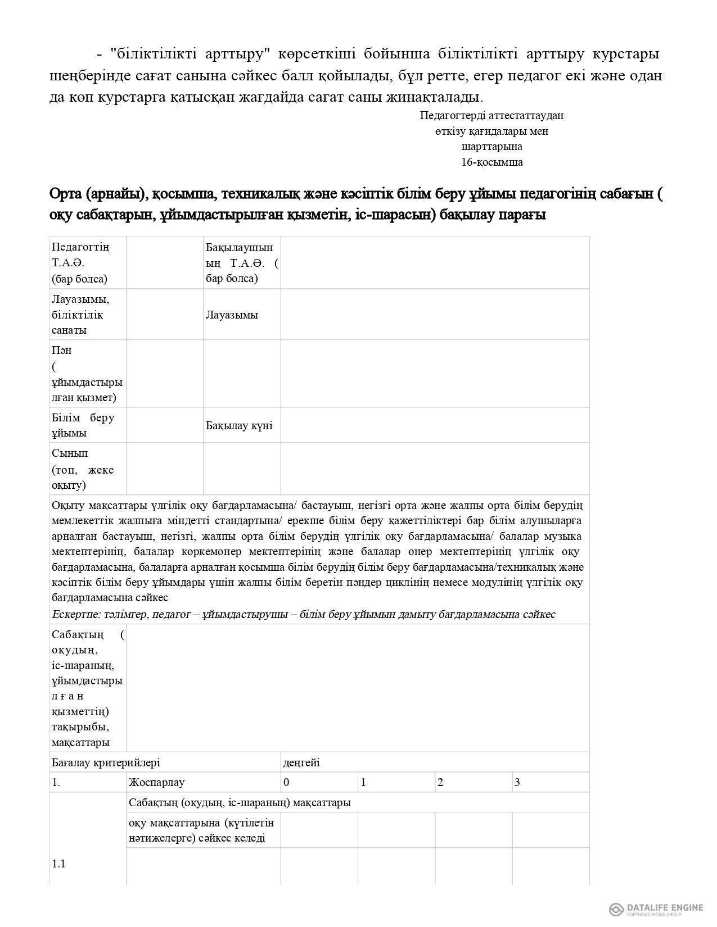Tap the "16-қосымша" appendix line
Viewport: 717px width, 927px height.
point(491,162)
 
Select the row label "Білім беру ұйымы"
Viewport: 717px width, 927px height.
point(83,425)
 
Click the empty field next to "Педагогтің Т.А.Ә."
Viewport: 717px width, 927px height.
point(165,263)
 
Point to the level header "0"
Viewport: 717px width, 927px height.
point(287,782)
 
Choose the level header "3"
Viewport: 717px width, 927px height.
point(517,782)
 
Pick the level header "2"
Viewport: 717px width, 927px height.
point(440,782)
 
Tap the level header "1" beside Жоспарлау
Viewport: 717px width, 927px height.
point(363,782)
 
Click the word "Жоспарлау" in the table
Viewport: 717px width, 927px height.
point(156,782)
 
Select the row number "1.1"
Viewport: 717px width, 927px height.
point(58,864)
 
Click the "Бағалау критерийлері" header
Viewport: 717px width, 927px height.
point(106,762)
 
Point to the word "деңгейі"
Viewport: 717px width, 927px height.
point(301,762)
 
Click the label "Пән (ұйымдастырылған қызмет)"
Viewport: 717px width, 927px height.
point(86,374)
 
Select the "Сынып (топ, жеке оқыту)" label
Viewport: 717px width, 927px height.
point(83,469)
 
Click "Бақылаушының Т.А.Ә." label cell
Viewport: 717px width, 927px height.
point(242,263)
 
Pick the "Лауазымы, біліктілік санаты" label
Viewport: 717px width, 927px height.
point(80,315)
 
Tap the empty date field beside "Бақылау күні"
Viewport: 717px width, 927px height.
point(435,425)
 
